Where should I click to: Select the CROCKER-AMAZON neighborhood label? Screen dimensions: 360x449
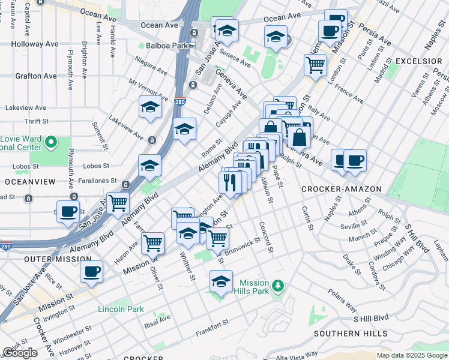tap(341, 189)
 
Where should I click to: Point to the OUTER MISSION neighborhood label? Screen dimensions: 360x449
tap(58, 259)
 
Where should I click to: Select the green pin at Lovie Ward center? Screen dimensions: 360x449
tap(51, 143)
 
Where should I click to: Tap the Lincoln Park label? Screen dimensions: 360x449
tap(121, 309)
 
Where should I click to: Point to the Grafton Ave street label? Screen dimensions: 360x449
tap(37, 76)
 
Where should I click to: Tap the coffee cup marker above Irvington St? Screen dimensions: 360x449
tap(91, 271)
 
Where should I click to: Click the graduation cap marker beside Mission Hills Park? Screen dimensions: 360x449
tap(221, 281)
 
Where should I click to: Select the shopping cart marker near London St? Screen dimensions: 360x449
tap(315, 64)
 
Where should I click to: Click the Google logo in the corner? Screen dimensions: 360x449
tap(20, 353)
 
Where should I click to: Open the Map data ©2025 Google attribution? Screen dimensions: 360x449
tap(412, 355)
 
